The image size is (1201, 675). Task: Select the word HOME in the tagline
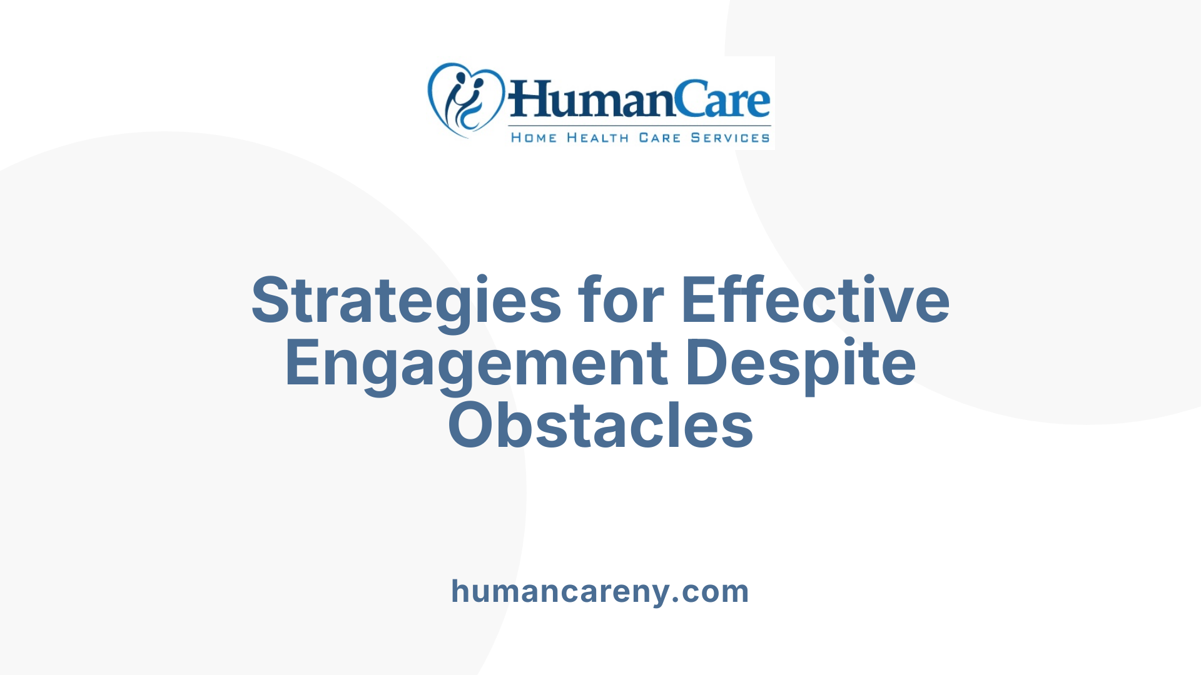pos(534,138)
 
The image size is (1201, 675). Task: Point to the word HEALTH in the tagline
pos(597,138)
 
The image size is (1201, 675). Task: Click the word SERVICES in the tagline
pos(730,138)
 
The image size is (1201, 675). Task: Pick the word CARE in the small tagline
pos(659,138)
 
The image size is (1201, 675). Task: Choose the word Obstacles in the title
pos(600,426)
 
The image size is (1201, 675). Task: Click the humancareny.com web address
pos(600,591)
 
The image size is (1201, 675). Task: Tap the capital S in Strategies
pos(273,300)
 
